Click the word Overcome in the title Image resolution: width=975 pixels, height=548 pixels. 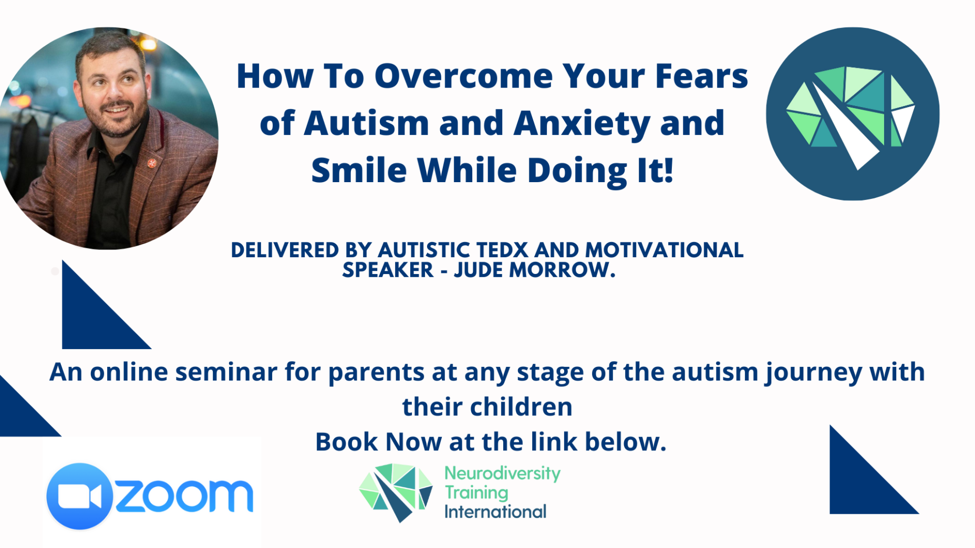[x=463, y=76]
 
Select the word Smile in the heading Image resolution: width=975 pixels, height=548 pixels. [x=359, y=171]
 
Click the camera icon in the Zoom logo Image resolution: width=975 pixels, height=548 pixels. [x=79, y=496]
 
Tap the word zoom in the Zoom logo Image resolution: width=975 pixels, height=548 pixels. [x=184, y=496]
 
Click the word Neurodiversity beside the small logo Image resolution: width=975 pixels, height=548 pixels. [x=502, y=473]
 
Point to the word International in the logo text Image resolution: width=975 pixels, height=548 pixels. [x=495, y=512]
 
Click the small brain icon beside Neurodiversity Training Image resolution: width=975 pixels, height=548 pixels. [x=396, y=492]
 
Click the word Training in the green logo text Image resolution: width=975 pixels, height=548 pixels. [x=476, y=493]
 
